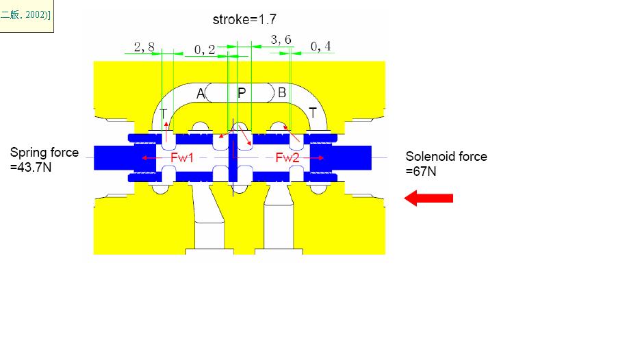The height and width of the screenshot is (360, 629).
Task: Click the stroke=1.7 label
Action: [244, 19]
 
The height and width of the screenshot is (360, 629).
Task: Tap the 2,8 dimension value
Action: [144, 47]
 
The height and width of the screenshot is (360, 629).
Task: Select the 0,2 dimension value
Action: [205, 50]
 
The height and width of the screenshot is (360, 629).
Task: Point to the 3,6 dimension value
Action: [281, 40]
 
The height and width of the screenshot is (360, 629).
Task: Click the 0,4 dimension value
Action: [321, 47]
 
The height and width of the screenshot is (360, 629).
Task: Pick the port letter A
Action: [201, 94]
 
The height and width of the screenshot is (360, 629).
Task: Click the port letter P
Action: [242, 93]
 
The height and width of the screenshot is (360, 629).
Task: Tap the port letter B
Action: [282, 92]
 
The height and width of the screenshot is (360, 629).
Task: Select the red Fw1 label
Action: [182, 157]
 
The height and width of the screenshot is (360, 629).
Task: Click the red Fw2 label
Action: [287, 157]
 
